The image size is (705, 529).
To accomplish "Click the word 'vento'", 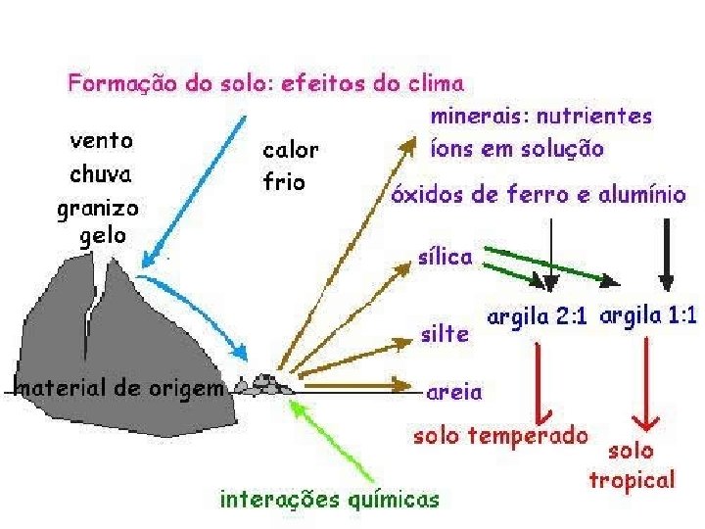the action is click(x=102, y=139).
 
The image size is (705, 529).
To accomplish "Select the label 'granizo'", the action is click(x=98, y=209).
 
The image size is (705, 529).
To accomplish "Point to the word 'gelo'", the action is click(x=103, y=236).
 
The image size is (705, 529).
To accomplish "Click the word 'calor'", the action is click(x=290, y=150).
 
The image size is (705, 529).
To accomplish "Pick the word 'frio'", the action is click(x=285, y=181).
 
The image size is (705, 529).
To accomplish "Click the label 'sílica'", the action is click(x=446, y=257).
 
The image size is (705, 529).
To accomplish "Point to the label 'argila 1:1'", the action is click(x=647, y=316).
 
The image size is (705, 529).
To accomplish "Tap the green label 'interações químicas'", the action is click(x=329, y=500).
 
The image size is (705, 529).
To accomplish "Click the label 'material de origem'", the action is click(x=117, y=386).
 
